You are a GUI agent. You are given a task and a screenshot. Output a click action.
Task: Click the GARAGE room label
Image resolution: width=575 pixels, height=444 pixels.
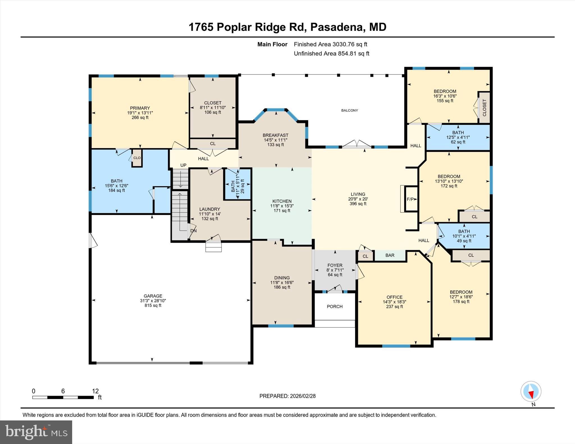153,296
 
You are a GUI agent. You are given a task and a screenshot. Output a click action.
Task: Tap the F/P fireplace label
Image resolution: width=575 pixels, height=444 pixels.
410,199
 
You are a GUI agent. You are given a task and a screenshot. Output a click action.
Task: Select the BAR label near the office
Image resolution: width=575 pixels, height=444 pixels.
390,255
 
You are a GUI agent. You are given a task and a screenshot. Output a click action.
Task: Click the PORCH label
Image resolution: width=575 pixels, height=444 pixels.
335,306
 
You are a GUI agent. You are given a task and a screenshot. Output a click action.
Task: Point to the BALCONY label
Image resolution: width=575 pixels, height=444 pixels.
350,110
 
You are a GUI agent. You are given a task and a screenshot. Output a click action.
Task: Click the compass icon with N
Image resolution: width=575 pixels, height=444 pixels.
531,391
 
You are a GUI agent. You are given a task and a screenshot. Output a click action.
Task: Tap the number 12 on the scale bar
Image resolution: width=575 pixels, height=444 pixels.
95,391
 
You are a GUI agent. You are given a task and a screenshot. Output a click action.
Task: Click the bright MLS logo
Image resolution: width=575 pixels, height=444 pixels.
36,432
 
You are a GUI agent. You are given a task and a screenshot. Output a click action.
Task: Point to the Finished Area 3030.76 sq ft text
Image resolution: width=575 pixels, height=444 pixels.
330,44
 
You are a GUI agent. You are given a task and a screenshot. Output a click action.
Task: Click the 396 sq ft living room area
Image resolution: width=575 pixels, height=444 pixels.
358,204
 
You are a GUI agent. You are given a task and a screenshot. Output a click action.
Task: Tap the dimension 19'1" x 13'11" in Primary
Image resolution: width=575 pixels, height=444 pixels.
140,113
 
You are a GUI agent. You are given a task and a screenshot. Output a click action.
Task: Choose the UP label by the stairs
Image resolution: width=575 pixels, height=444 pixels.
183,165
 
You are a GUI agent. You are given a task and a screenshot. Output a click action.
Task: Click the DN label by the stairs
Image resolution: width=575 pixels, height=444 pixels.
193,231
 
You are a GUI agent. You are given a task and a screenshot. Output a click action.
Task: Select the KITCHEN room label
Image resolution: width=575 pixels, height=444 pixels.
282,201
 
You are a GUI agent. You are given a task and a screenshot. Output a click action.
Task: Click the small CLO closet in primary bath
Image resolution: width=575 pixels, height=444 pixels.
137,158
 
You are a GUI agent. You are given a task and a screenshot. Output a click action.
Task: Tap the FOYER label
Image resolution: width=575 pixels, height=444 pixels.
335,265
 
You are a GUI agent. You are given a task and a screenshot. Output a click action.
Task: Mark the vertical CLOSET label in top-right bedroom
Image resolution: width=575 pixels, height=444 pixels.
484,108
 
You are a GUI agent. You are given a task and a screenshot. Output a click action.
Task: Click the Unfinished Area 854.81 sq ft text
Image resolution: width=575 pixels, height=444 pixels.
331,53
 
